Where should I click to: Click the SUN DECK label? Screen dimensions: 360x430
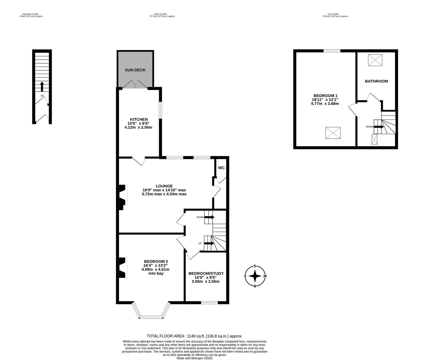click(x=135, y=70)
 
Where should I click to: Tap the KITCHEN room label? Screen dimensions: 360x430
click(x=139, y=119)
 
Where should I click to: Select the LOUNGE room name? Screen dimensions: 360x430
click(x=164, y=186)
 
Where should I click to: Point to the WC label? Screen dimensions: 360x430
click(x=221, y=168)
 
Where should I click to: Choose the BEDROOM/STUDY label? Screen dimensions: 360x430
click(x=206, y=273)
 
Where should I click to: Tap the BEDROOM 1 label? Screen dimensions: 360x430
click(x=325, y=95)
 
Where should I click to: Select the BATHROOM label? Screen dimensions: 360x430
click(x=376, y=81)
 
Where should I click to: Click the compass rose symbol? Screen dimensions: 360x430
click(x=255, y=276)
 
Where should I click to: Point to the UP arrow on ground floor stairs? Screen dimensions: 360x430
click(x=42, y=87)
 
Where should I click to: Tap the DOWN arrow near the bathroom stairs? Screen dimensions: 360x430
click(x=379, y=127)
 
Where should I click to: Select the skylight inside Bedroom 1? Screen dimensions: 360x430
click(x=333, y=133)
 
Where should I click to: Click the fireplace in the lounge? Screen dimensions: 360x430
click(x=122, y=197)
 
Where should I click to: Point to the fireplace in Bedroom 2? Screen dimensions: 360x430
click(x=122, y=268)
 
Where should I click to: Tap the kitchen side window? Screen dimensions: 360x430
click(x=160, y=110)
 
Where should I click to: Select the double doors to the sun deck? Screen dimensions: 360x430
click(x=135, y=85)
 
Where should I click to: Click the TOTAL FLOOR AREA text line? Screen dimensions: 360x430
click(x=194, y=336)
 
